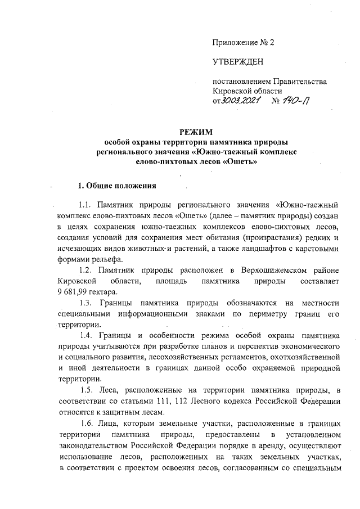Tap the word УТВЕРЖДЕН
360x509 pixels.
coord(237,61)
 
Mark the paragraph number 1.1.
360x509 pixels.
coord(88,205)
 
